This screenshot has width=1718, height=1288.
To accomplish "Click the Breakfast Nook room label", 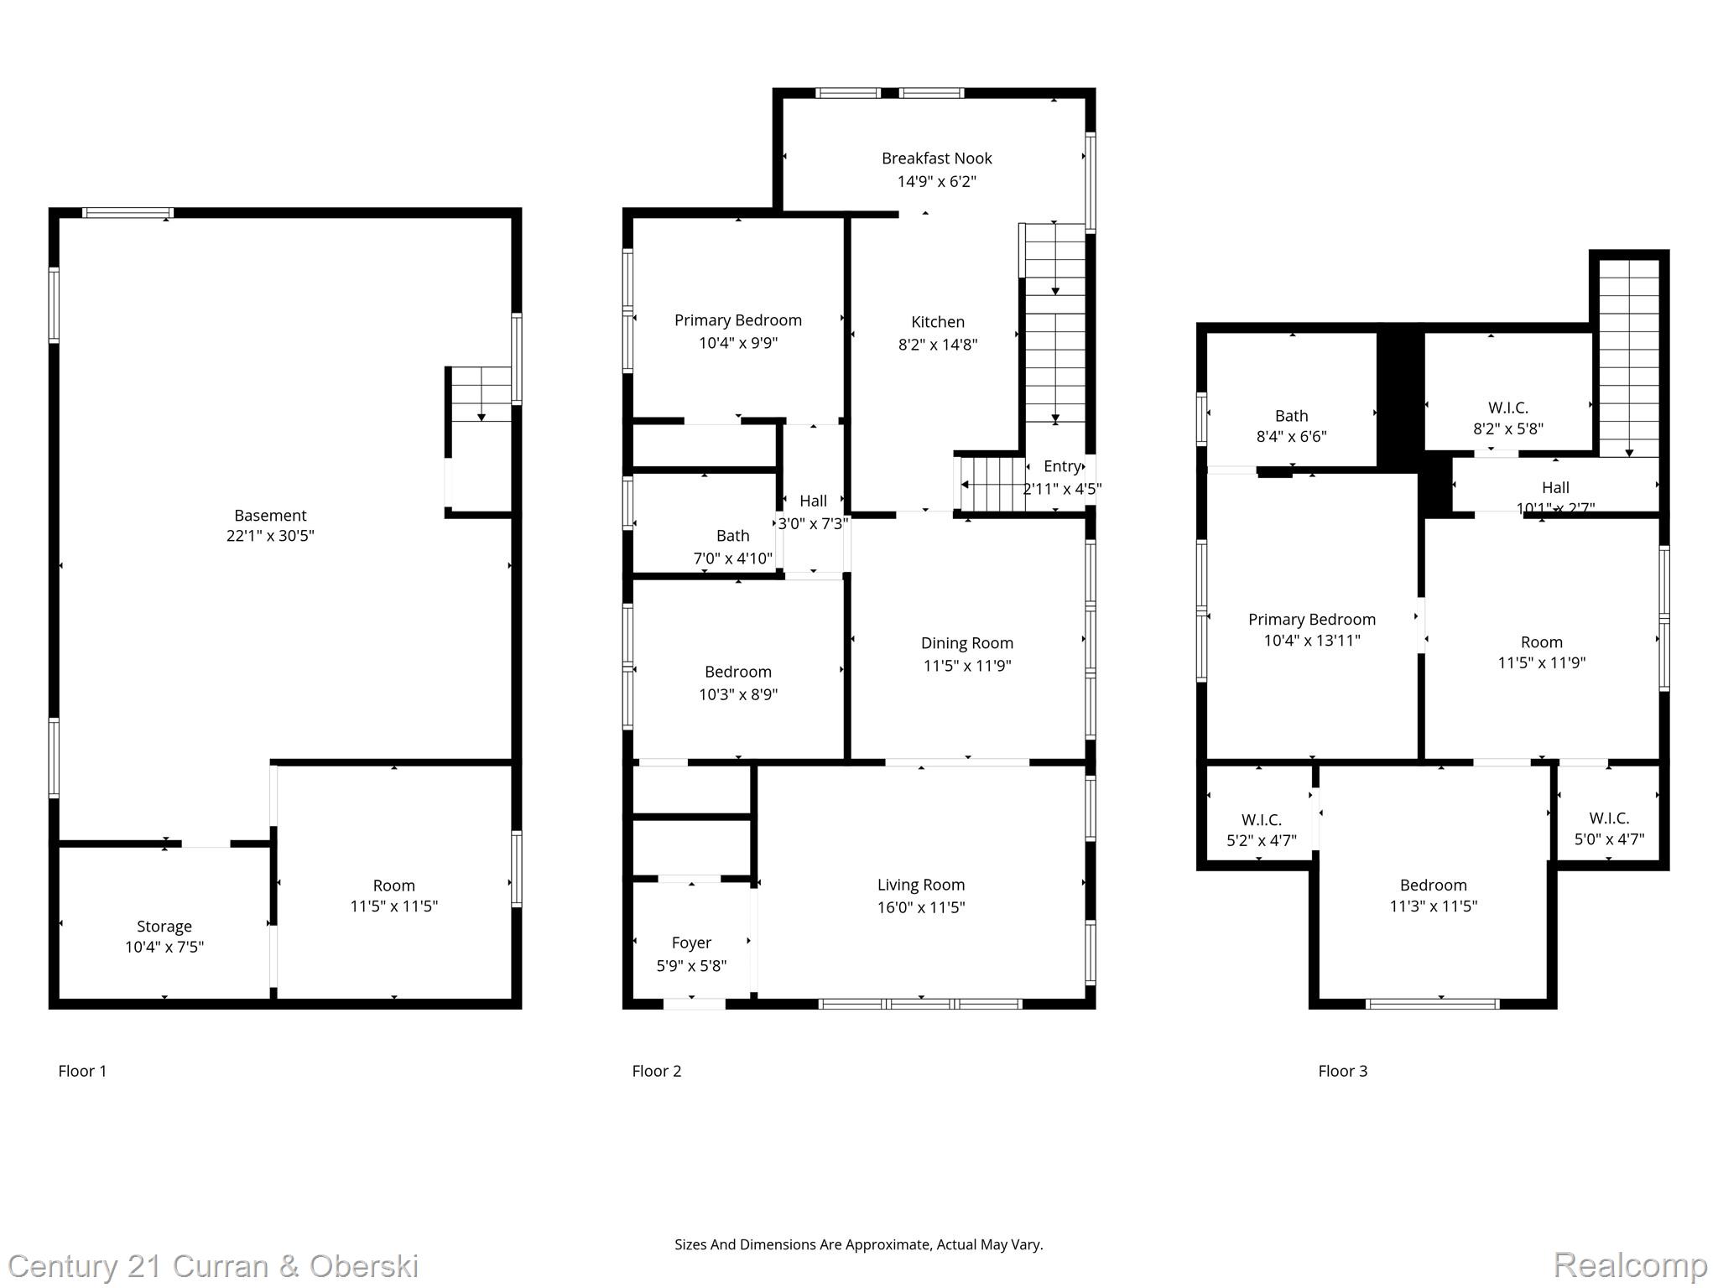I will pyautogui.click(x=936, y=158).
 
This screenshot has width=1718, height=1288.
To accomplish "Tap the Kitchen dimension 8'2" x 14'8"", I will pyautogui.click(x=937, y=345).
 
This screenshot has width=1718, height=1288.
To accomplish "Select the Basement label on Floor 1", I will pyautogui.click(x=270, y=516).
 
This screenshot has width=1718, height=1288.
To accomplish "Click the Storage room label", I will pyautogui.click(x=164, y=927).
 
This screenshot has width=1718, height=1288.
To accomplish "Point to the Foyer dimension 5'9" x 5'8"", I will pyautogui.click(x=691, y=966).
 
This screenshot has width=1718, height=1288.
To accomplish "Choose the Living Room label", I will pyautogui.click(x=920, y=885).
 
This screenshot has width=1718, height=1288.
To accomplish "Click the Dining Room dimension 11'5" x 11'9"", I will pyautogui.click(x=966, y=666).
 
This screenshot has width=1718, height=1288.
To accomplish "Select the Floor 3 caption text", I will pyautogui.click(x=1342, y=1071).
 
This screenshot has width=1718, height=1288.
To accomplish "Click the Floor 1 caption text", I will pyautogui.click(x=82, y=1071).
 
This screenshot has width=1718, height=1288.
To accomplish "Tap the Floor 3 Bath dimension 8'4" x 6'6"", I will pyautogui.click(x=1291, y=437).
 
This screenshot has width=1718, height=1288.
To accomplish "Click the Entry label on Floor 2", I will pyautogui.click(x=1061, y=467).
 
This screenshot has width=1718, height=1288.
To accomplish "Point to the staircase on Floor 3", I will pyautogui.click(x=1628, y=356).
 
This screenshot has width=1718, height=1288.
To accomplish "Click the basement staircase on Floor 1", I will pyautogui.click(x=481, y=394).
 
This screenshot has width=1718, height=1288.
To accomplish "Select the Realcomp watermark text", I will pyautogui.click(x=1630, y=1265).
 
